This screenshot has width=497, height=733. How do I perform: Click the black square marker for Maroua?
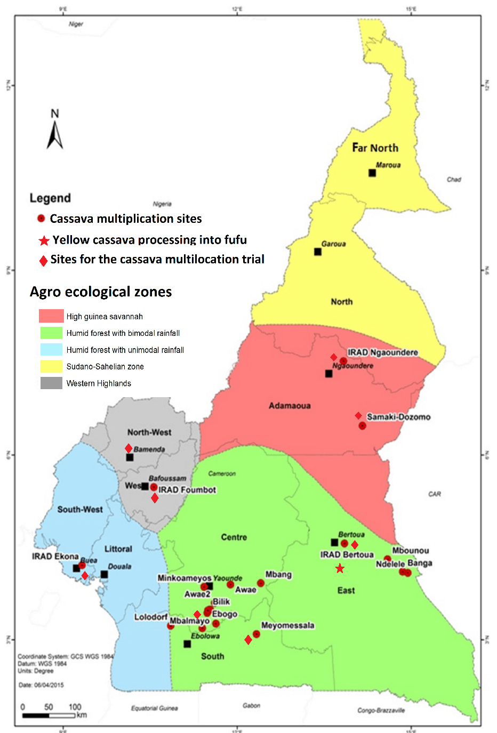click(372, 173)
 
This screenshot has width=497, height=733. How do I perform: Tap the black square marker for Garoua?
click(318, 252)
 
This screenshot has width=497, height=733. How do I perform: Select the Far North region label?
click(375, 148)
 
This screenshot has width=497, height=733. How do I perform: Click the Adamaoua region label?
click(290, 406)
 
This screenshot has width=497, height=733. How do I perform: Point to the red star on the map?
click(340, 568)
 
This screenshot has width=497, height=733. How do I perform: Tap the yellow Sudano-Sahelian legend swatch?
click(51, 366)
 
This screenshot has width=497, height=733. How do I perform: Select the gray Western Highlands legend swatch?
click(51, 383)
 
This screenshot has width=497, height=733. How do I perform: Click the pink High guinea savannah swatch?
click(51, 316)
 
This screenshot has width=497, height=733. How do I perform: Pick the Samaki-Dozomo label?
click(398, 417)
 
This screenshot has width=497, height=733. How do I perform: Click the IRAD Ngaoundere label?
click(382, 352)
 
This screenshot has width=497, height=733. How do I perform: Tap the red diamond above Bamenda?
click(129, 448)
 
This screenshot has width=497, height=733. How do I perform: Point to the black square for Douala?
click(104, 574)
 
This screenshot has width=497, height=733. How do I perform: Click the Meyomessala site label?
click(287, 625)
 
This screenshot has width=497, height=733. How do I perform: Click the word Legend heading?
click(50, 198)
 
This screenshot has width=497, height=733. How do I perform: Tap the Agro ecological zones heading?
click(101, 292)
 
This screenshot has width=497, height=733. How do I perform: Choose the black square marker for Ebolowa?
click(187, 644)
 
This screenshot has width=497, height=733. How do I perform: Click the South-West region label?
click(80, 509)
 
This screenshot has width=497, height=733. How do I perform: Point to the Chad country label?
click(454, 179)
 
